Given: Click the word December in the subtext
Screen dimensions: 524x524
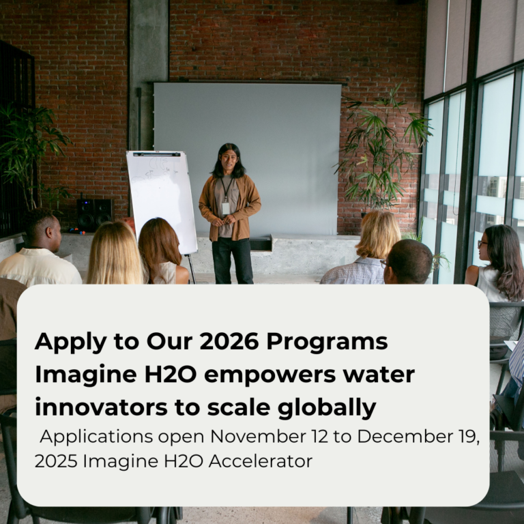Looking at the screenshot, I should click(x=383, y=437).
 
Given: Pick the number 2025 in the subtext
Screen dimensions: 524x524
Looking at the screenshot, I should click(x=56, y=461).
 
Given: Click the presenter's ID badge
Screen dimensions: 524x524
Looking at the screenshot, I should click(x=226, y=207).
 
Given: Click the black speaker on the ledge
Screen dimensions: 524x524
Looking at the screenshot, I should click(x=94, y=214).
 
